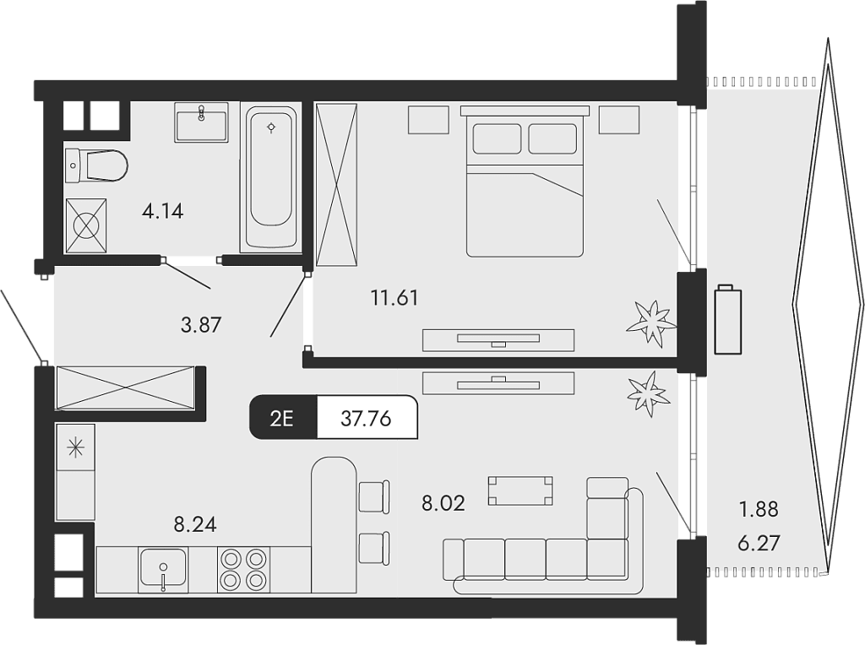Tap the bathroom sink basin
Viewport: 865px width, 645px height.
201,123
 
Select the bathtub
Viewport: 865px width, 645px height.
270,178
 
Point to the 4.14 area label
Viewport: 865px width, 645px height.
162,211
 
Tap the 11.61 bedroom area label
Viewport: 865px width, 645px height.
394,297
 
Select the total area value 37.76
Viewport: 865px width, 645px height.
366,417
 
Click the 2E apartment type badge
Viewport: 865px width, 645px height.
282,417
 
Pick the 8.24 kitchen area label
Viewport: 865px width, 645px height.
195,524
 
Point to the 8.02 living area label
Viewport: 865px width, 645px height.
443,504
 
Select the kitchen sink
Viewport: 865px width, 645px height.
163,569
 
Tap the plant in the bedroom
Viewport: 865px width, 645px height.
651,322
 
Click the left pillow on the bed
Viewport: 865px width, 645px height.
497,138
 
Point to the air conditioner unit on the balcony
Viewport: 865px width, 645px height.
727,320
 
